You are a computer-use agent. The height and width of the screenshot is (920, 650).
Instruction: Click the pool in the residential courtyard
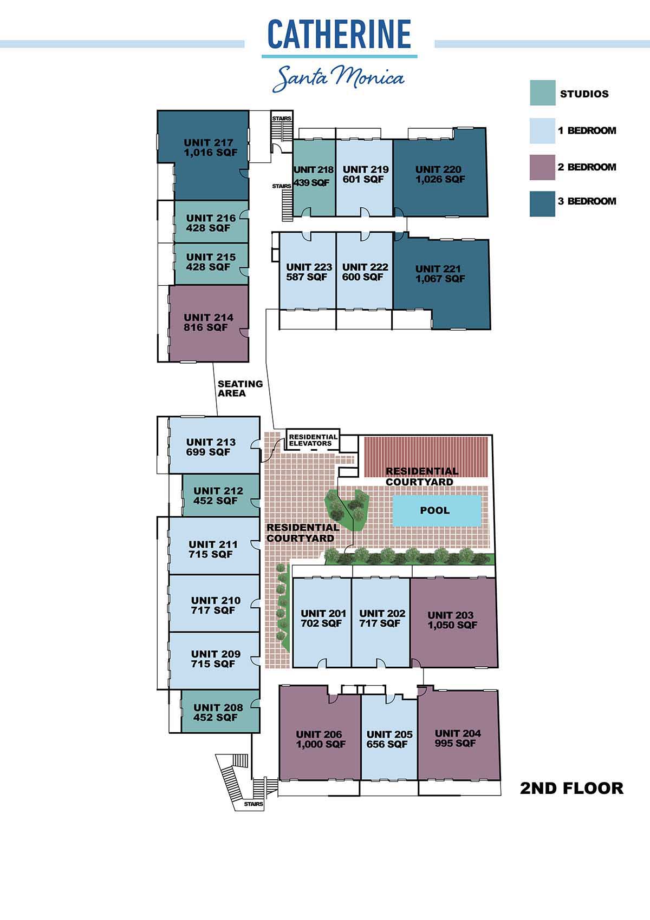[x=437, y=510]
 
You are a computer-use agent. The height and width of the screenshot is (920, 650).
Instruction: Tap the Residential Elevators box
[x=313, y=440]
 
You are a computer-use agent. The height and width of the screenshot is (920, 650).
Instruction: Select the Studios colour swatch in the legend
[x=542, y=93]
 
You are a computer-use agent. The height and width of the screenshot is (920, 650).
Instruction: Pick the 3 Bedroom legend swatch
[x=542, y=203]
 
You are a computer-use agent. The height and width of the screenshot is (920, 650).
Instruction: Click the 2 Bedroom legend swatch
[x=542, y=167]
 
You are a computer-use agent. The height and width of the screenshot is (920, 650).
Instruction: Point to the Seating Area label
[x=240, y=389]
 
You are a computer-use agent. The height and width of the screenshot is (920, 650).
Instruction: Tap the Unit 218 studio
[x=314, y=178]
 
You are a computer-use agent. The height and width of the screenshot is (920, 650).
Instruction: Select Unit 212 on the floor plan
[x=221, y=495]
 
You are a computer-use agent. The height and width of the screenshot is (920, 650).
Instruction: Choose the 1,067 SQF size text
[x=440, y=279]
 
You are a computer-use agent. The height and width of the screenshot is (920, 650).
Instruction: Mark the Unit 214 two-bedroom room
[x=209, y=323]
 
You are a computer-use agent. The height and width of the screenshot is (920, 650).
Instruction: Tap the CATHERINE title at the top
[x=339, y=35]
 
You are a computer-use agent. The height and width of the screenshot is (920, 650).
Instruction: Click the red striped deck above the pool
[x=426, y=456]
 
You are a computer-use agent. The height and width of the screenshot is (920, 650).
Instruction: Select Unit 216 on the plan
[x=211, y=222]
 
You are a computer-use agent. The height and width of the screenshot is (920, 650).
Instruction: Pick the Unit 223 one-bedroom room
[x=308, y=271]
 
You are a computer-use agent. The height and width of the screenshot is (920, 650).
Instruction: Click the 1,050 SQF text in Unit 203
[x=452, y=625]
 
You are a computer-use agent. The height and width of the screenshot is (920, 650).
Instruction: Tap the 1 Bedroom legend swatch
[x=542, y=130]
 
